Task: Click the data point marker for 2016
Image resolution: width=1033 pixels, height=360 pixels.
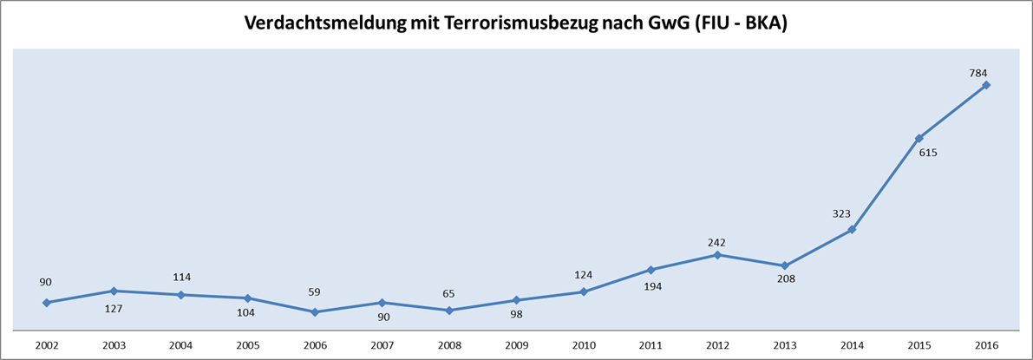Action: [x=986, y=85]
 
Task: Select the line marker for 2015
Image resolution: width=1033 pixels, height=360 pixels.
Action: [x=919, y=139]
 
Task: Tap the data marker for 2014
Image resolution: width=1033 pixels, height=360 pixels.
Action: [x=853, y=230]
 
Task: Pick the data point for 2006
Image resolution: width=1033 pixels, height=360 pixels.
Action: [x=315, y=312]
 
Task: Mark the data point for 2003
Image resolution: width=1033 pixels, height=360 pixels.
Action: [x=114, y=291]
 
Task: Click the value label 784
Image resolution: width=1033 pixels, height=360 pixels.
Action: [x=978, y=73]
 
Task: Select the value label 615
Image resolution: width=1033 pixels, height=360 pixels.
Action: [x=928, y=153]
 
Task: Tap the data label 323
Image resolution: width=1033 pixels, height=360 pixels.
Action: [x=841, y=213]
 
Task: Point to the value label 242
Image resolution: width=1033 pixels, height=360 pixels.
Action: [x=716, y=243]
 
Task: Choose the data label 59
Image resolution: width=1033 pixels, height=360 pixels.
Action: [x=314, y=293]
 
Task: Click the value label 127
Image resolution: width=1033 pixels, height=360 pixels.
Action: [x=114, y=308]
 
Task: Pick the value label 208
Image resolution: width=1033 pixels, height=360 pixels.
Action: [x=786, y=279]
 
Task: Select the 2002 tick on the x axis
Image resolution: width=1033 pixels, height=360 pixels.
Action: [x=47, y=345]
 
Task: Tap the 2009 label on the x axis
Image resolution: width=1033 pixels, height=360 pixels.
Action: [x=517, y=345]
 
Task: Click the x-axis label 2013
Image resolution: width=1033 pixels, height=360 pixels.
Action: [x=786, y=345]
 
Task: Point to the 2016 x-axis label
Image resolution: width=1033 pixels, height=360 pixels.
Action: [x=987, y=345]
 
